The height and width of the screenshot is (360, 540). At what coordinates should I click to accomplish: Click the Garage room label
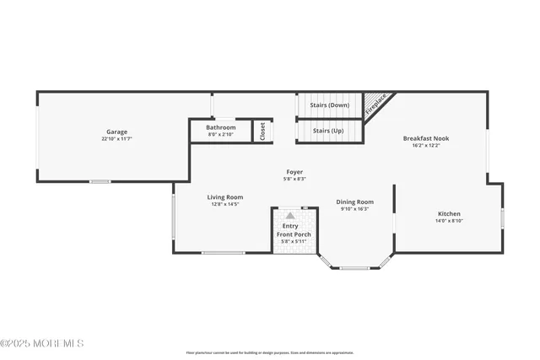[x=116, y=132]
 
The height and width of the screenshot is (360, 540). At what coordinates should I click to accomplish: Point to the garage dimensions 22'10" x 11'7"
[x=116, y=139]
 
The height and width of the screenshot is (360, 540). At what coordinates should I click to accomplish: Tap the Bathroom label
[x=221, y=127]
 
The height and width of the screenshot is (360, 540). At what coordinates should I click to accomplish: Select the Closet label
[x=262, y=131]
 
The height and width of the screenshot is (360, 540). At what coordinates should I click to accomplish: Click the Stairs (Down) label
[x=330, y=105]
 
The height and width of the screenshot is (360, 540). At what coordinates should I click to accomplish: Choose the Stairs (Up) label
[x=327, y=131]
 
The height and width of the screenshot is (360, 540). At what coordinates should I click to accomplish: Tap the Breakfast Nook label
[x=425, y=137]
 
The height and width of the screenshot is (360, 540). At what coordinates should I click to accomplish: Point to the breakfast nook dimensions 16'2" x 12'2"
[x=425, y=145]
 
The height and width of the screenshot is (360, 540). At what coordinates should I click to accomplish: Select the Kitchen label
[x=449, y=213]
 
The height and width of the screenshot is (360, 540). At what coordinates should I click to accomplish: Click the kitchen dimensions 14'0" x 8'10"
[x=449, y=221]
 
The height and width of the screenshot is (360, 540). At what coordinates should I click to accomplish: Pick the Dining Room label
[x=354, y=201]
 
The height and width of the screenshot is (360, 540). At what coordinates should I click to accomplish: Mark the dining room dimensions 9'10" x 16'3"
[x=354, y=209]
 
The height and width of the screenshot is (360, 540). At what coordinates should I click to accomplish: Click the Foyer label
[x=294, y=171]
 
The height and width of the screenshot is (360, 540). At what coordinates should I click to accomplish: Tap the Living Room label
[x=225, y=197]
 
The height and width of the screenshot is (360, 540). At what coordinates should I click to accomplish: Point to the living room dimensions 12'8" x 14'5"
[x=225, y=205]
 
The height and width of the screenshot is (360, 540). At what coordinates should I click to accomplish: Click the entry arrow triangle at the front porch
[x=290, y=216]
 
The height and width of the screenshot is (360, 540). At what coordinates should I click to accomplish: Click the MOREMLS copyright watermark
[x=42, y=343]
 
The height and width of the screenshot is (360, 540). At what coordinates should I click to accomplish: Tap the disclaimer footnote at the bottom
[x=270, y=352]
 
